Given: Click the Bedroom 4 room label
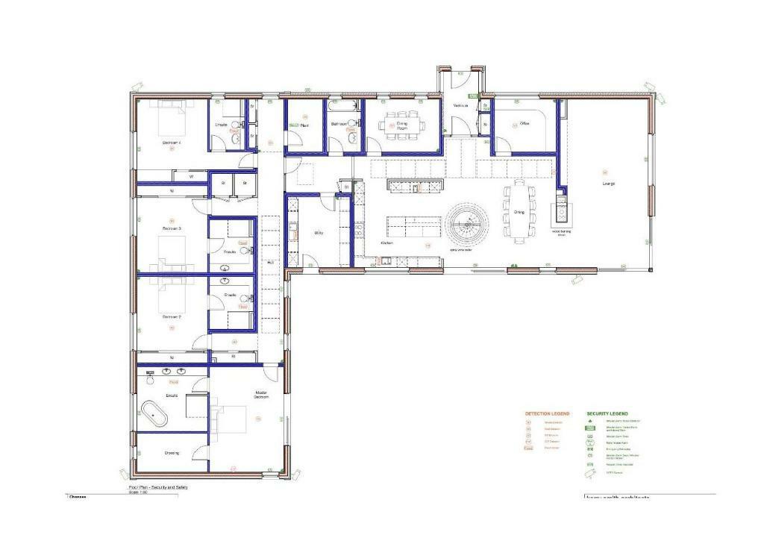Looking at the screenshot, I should pyautogui.click(x=172, y=142).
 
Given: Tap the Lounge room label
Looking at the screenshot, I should pyautogui.click(x=609, y=184).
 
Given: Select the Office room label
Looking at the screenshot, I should pyautogui.click(x=525, y=124).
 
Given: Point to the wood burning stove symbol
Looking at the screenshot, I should pyautogui.click(x=560, y=215).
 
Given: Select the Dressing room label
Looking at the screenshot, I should pyautogui.click(x=172, y=453).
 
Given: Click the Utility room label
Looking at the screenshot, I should pyautogui.click(x=319, y=233).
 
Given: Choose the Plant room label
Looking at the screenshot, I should pyautogui.click(x=304, y=126).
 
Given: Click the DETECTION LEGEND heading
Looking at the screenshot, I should pyautogui.click(x=547, y=413).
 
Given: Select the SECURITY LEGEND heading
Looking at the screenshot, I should pyautogui.click(x=607, y=413).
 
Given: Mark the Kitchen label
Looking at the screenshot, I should pyautogui.click(x=387, y=243).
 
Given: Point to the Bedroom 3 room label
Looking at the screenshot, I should pyautogui.click(x=172, y=228).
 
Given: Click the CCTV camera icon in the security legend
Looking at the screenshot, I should pyautogui.click(x=591, y=473).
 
